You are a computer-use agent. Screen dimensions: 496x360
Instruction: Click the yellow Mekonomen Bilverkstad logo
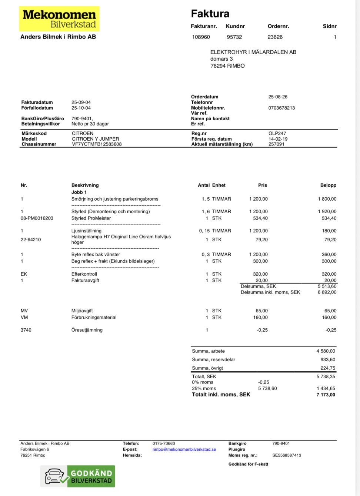[59, 19]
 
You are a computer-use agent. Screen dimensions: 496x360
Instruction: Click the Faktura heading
[210, 14]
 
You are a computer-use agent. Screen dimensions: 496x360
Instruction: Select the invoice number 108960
[201, 37]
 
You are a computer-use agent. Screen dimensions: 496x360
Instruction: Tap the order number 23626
[275, 37]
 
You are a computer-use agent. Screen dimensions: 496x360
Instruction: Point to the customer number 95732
[234, 37]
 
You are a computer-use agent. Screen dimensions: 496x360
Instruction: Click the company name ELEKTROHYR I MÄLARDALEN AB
[253, 52]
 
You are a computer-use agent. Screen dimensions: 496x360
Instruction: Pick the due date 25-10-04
[81, 108]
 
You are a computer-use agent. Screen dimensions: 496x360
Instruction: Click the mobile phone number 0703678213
[281, 108]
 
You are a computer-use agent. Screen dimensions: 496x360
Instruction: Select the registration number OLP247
[277, 133]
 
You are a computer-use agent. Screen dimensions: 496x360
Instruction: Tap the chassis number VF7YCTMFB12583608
[97, 144]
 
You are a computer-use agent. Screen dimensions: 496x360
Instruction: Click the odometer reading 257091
[276, 144]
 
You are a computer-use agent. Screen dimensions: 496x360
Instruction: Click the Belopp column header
[328, 185]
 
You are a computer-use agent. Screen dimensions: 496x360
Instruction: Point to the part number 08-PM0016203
[37, 218]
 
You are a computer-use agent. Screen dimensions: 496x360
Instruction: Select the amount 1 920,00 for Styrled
[327, 211]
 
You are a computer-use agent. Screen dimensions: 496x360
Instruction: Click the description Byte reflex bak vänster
[96, 254]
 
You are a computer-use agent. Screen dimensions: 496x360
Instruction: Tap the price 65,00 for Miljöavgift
[261, 311]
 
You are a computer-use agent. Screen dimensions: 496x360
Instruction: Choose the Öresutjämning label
[87, 330]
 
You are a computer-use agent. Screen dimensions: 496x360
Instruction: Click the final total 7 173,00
[326, 395]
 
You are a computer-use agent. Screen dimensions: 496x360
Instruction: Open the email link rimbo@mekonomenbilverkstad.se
[184, 449]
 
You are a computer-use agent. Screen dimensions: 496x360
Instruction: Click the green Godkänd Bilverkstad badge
[78, 476]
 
